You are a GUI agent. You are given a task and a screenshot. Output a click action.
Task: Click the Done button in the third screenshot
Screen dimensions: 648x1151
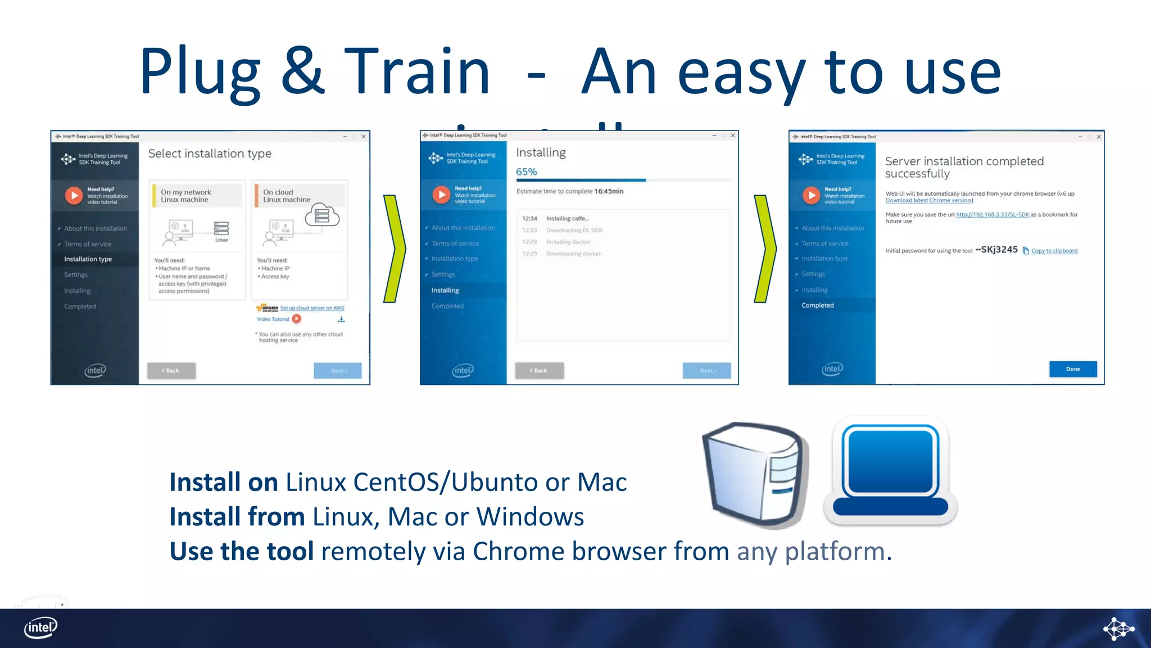click(1072, 369)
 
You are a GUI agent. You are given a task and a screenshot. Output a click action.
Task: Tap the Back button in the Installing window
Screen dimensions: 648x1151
click(539, 370)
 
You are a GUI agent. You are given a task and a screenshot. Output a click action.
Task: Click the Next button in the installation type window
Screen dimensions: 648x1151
click(338, 371)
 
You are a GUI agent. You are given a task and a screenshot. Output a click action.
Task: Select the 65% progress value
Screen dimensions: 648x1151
click(527, 172)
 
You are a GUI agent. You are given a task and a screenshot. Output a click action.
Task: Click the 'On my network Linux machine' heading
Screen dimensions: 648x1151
click(186, 196)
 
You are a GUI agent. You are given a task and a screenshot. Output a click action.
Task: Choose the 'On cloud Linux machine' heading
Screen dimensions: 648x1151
click(287, 196)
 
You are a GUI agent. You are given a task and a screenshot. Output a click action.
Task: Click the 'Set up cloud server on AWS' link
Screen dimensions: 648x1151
click(312, 308)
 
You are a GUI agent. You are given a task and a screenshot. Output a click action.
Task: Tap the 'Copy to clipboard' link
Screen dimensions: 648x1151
click(1054, 251)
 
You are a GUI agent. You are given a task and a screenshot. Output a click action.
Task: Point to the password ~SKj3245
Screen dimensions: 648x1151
click(996, 249)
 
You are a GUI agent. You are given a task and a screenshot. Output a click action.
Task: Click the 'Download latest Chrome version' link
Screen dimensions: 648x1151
click(928, 200)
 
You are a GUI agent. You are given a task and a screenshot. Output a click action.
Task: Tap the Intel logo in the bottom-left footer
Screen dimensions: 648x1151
click(40, 627)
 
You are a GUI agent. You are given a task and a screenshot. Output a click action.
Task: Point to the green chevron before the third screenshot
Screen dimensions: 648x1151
click(764, 249)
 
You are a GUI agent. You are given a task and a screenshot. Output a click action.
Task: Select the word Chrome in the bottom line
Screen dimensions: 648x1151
click(518, 551)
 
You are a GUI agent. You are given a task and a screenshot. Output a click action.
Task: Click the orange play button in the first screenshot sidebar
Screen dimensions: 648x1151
click(74, 195)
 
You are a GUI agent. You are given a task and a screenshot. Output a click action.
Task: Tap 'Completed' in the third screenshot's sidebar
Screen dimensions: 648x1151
click(817, 305)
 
